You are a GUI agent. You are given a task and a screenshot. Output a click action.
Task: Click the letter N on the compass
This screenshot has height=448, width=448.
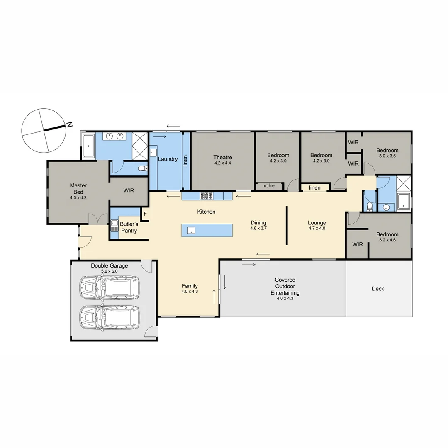click(70, 124)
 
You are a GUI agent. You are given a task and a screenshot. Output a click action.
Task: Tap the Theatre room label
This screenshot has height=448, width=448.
click(223, 157)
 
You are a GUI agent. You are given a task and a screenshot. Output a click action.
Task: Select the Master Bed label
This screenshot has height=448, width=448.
click(78, 189)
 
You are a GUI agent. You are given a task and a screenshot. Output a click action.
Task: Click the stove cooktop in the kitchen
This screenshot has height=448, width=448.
click(207, 195)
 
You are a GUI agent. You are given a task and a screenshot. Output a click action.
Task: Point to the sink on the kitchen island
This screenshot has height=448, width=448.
click(191, 230)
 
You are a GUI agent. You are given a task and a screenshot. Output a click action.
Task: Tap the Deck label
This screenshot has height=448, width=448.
click(378, 289)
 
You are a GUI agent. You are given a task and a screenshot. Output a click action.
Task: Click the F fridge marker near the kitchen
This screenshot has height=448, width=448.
click(145, 214)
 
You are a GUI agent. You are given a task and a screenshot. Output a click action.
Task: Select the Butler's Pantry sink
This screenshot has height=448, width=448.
click(114, 227)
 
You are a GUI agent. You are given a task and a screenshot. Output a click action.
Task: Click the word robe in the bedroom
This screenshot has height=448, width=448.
click(269, 186)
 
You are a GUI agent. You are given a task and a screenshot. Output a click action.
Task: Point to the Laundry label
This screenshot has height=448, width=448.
click(168, 159)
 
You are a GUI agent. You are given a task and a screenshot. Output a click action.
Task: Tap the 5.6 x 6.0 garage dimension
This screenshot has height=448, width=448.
click(110, 271)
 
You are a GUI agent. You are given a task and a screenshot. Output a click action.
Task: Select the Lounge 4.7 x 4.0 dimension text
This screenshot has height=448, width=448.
click(317, 228)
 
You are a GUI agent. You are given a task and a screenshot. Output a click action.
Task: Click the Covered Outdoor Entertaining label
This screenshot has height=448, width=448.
click(285, 286)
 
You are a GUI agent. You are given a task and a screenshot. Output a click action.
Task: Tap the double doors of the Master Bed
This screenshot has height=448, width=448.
click(95, 219)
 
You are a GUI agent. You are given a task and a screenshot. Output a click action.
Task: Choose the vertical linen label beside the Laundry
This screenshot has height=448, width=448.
click(185, 160)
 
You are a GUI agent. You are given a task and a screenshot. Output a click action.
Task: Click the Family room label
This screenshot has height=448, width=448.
click(190, 286)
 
